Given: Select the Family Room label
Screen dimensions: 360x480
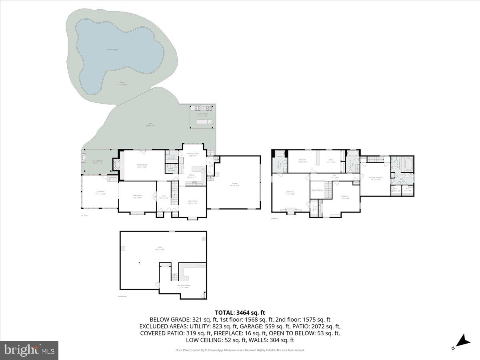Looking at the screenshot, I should click(142, 165).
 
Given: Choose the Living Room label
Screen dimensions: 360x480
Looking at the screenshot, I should click(193, 201).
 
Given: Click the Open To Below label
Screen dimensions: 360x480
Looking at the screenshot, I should click(317, 190).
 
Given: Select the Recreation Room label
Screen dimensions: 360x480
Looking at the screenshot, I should click(184, 285).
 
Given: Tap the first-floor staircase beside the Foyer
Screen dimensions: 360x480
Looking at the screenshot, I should click(174, 193).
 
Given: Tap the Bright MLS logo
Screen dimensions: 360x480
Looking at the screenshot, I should click(29, 350).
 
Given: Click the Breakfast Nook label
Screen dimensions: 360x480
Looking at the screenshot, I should click(194, 154).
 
